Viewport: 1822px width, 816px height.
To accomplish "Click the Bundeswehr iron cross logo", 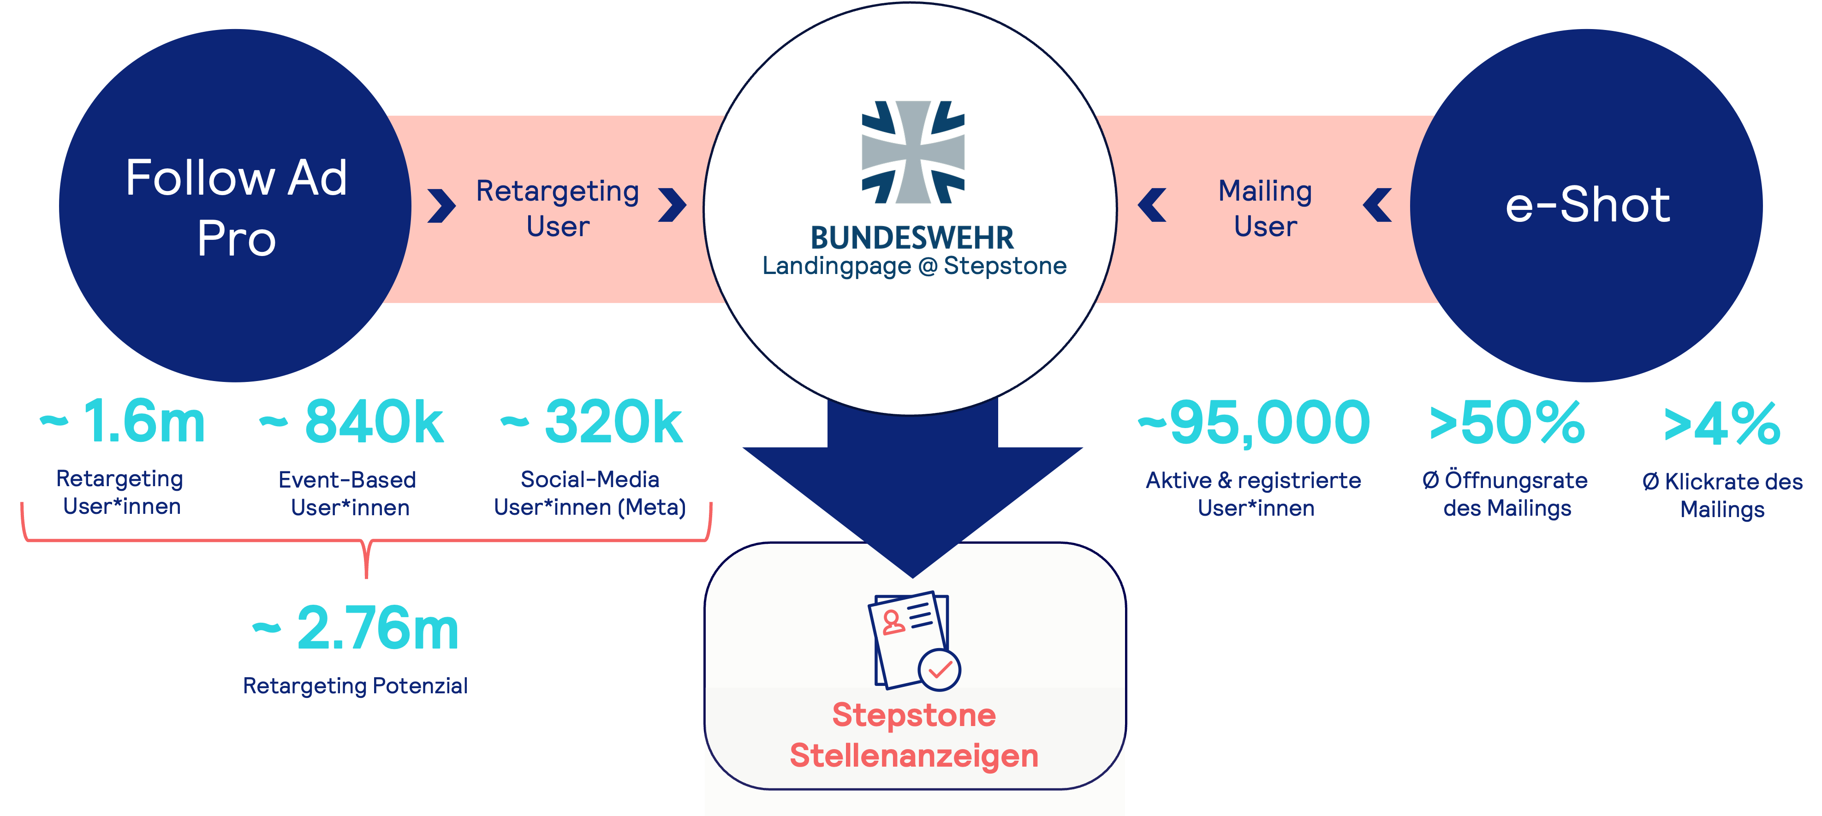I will tap(912, 152).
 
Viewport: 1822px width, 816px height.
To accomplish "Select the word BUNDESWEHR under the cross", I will tap(912, 238).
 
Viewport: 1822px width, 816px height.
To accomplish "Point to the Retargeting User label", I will tap(557, 208).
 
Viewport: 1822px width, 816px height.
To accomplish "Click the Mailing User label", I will tap(1265, 208).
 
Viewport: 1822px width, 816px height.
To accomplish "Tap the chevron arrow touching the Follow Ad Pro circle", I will tap(442, 206).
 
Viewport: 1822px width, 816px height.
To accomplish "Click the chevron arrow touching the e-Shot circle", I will tap(1377, 205).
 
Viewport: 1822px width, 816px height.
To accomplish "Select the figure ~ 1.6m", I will tap(124, 422).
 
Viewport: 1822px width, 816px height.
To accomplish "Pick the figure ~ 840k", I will tap(351, 422).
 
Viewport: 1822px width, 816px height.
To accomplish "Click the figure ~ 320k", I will tap(592, 422).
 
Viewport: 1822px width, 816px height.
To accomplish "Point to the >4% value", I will tap(1721, 424).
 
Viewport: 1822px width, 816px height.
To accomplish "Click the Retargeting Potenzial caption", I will tap(355, 686).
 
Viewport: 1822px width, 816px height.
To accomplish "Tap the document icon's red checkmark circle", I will tap(939, 669).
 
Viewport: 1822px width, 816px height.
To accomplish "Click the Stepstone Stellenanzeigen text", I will tap(914, 735).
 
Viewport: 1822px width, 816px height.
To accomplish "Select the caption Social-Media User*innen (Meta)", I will tap(590, 494).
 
